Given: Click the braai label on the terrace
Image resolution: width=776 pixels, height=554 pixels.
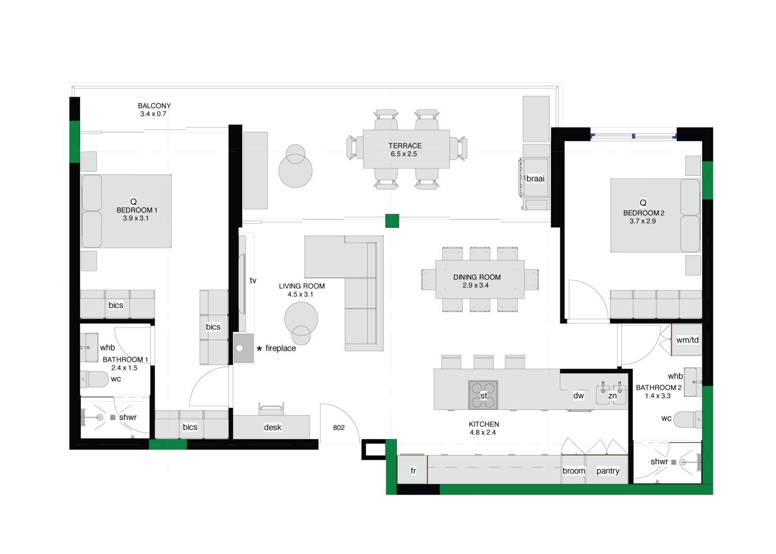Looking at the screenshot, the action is point(535,179).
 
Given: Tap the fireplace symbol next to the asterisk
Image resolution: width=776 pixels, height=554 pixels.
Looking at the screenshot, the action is point(243,348).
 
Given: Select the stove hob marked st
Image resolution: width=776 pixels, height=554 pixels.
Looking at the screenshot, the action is point(483,395).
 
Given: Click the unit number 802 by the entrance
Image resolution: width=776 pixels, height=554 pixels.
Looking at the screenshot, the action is point(339,427).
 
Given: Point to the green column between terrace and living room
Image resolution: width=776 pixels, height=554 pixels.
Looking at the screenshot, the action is point(392,221).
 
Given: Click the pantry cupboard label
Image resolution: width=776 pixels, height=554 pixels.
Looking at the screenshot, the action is point(608,471).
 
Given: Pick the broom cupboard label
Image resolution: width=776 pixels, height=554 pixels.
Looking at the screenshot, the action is point(574,471).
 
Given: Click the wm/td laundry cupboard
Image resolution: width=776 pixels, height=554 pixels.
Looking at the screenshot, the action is point(687,340).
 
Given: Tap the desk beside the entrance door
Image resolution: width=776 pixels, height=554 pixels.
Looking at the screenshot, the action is point(272,426).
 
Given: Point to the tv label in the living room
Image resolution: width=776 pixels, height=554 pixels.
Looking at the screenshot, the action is point(253,280).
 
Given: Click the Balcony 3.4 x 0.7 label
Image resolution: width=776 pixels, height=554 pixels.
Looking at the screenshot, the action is point(154,110).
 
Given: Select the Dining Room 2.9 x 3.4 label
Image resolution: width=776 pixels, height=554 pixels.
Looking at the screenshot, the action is point(477,281).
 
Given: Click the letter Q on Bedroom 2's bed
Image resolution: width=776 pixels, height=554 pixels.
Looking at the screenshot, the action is point(643,203).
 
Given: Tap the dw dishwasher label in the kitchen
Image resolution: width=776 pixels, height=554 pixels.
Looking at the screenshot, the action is point(579,396).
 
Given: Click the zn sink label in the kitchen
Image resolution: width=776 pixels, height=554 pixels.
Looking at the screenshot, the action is point(613,396).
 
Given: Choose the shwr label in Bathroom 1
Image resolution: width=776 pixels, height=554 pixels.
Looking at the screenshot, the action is point(128,417).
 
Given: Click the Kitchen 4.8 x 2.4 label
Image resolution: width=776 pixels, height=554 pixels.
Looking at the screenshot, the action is point(484,428).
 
